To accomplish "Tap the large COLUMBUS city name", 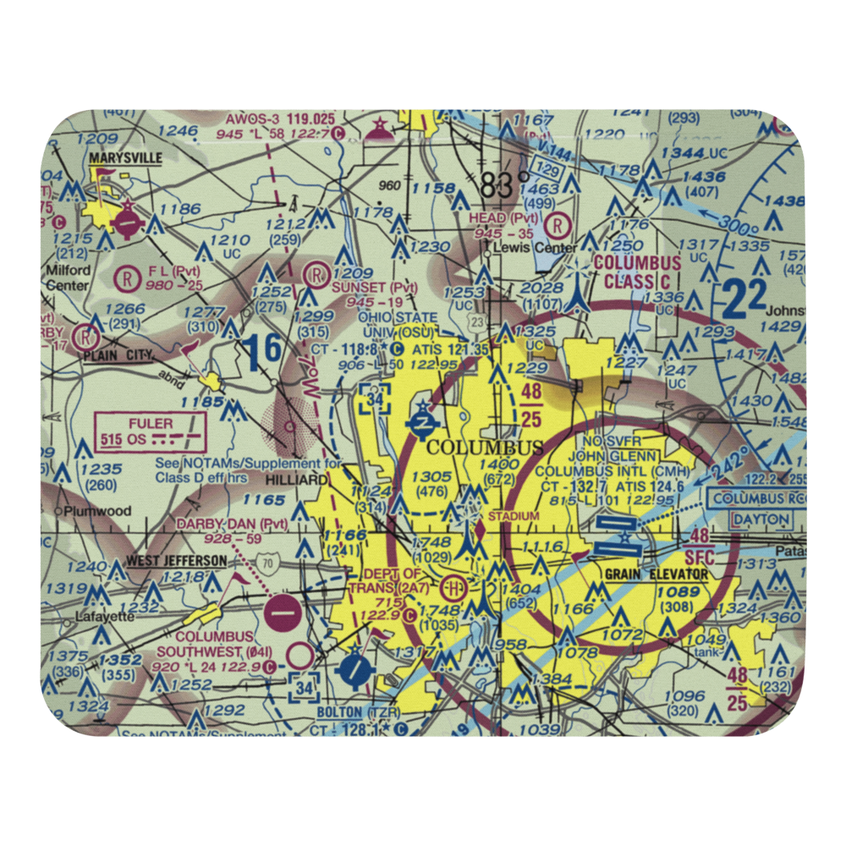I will click(486, 447).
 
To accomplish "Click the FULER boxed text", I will click(151, 423).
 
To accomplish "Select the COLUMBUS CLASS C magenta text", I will click(636, 272).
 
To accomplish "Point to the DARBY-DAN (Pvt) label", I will click(232, 525).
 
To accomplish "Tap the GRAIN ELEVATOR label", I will click(656, 574).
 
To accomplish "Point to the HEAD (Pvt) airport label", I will click(499, 217).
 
